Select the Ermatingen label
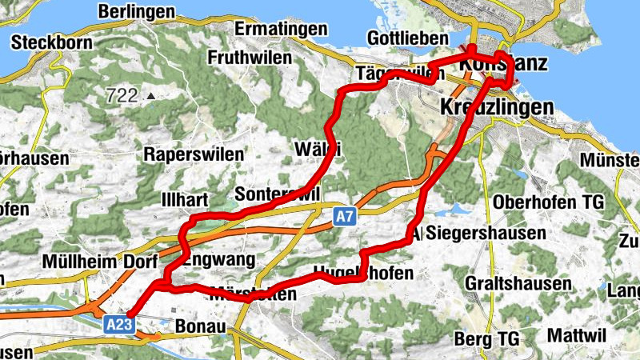(282, 29)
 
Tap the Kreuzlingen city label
(497, 107)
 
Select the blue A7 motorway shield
(344, 216)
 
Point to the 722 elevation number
(122, 96)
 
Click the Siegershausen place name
(487, 234)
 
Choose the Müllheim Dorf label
(90, 262)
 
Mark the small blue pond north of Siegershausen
(457, 210)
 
